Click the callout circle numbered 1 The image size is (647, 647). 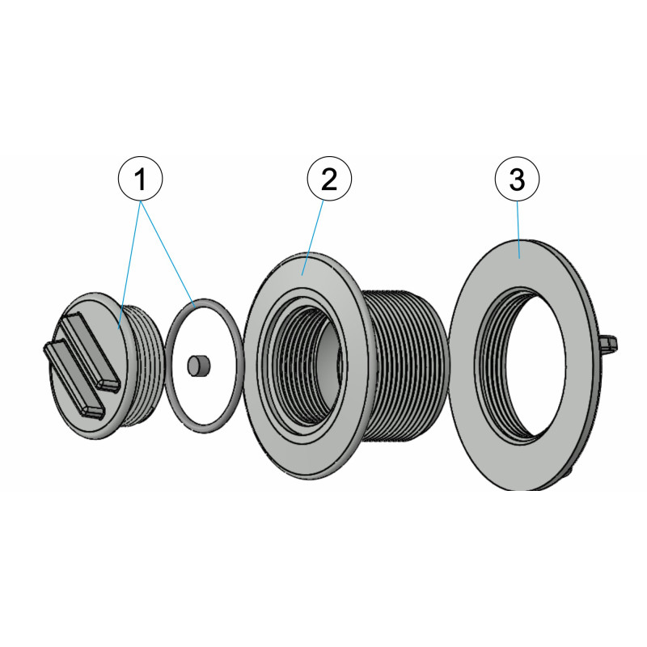pos(140,179)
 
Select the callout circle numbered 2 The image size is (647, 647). pos(329,179)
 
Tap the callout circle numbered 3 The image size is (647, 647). pos(517,179)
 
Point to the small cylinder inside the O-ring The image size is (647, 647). pos(199,366)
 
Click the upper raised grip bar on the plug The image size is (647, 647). pos(90,350)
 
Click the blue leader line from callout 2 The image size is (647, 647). pos(312,238)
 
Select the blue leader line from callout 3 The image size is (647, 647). pos(518,230)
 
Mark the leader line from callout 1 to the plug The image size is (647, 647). pos(129,265)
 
